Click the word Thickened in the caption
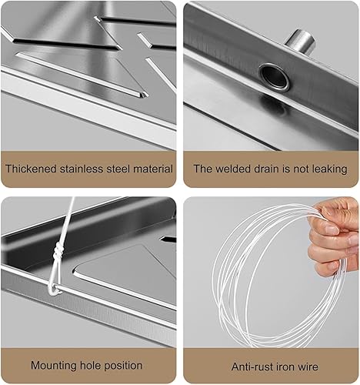tap(31, 169)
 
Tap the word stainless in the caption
tap(82, 169)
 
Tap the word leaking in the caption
tap(330, 169)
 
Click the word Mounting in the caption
tap(54, 366)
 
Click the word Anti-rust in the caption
tap(253, 367)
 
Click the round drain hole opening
tap(275, 77)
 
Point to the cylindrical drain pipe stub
tap(301, 41)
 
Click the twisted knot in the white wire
tap(58, 253)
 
